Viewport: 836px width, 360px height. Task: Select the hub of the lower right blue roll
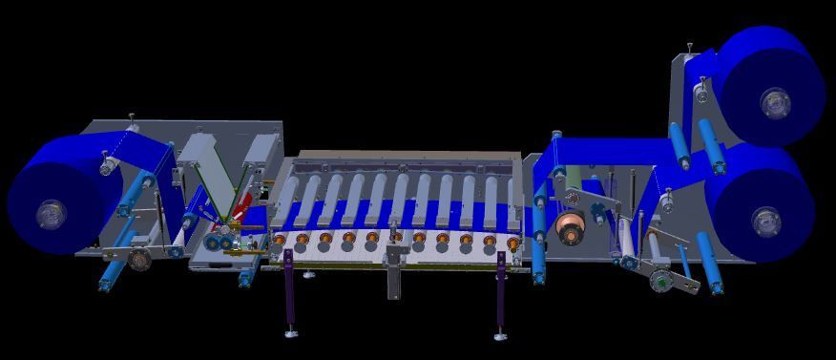point(765,222)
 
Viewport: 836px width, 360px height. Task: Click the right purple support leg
point(499,292)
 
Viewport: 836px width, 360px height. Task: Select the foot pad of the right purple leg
point(498,336)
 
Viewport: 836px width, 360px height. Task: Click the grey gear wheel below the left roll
point(142,259)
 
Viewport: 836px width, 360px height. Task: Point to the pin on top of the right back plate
point(690,47)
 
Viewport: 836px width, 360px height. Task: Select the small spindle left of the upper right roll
point(700,93)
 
